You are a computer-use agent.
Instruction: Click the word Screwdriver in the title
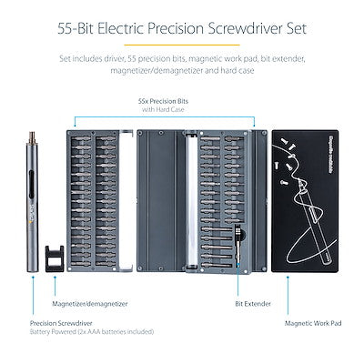(x=269, y=26)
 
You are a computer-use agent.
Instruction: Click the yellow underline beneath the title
(x=182, y=45)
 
